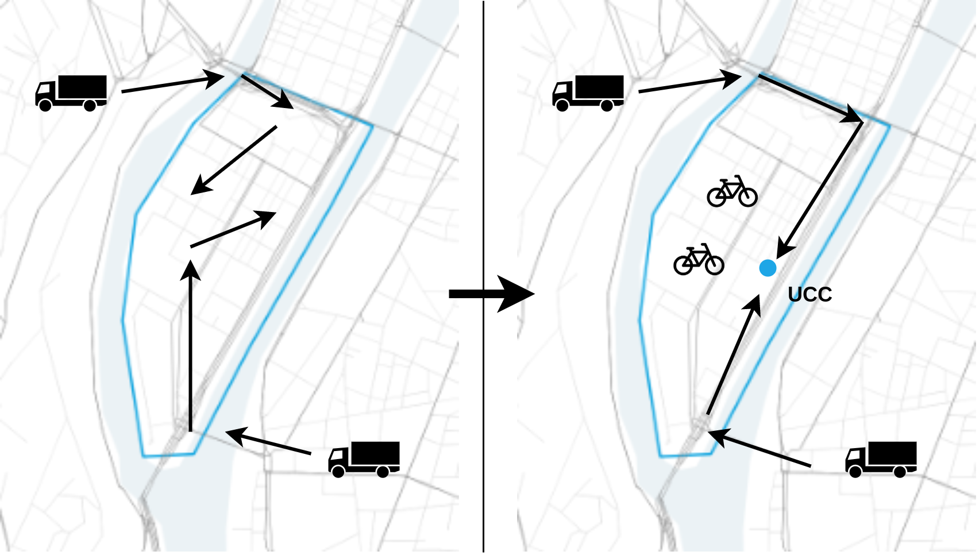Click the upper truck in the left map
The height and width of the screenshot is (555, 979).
71,92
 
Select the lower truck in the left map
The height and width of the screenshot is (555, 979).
364,458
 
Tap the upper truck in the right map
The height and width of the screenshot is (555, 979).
588,92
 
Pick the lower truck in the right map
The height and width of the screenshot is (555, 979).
881,458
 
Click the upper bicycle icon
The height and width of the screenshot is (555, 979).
732,191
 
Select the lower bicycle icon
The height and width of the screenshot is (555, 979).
698,260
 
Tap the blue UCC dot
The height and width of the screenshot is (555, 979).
768,268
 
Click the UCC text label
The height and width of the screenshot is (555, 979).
810,295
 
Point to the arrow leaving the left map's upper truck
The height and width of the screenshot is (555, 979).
172,84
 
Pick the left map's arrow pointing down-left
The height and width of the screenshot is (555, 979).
234,160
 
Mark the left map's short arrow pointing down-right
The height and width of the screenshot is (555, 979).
267,91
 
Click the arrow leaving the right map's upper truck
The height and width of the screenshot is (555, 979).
689,84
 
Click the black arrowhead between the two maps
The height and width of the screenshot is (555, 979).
525,294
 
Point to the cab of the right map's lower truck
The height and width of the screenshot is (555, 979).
856,461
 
